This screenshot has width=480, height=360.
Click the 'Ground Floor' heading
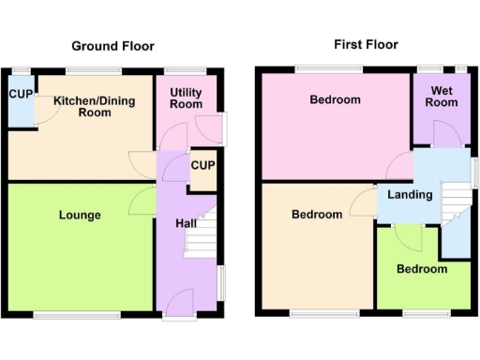pyautogui.click(x=113, y=46)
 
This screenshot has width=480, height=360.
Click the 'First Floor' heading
pyautogui.click(x=366, y=44)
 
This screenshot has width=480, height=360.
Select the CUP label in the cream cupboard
pyautogui.click(x=202, y=166)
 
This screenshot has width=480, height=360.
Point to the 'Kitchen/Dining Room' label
pyautogui.click(x=82, y=106)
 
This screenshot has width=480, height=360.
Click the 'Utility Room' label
pyautogui.click(x=186, y=97)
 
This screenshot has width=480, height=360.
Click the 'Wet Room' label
pyautogui.click(x=443, y=97)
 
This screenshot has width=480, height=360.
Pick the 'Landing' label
pyautogui.click(x=411, y=195)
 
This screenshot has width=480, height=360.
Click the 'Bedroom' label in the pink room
pyautogui.click(x=336, y=99)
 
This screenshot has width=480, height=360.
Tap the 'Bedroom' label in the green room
pyautogui.click(x=421, y=269)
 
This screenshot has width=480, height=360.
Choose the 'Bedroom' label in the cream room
pyautogui.click(x=316, y=215)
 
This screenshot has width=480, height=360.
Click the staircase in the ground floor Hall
pyautogui.click(x=200, y=234)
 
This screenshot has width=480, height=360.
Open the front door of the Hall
pyautogui.click(x=181, y=302)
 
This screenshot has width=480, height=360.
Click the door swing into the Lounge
pyautogui.click(x=143, y=198)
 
